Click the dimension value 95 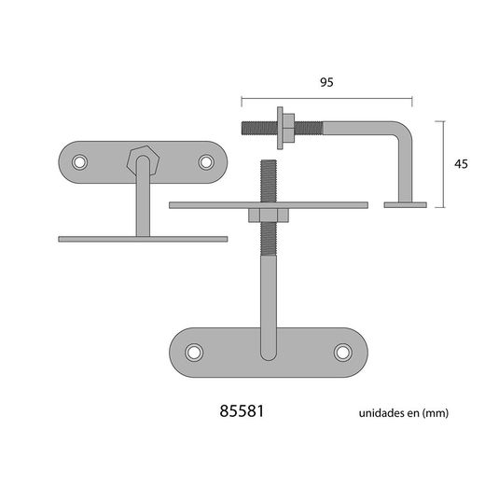[326, 82]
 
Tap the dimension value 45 [460, 163]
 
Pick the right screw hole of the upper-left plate [206, 162]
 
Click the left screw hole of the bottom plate [194, 352]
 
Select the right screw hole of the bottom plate [342, 352]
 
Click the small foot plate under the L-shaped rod [405, 203]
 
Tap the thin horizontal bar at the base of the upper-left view [143, 239]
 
